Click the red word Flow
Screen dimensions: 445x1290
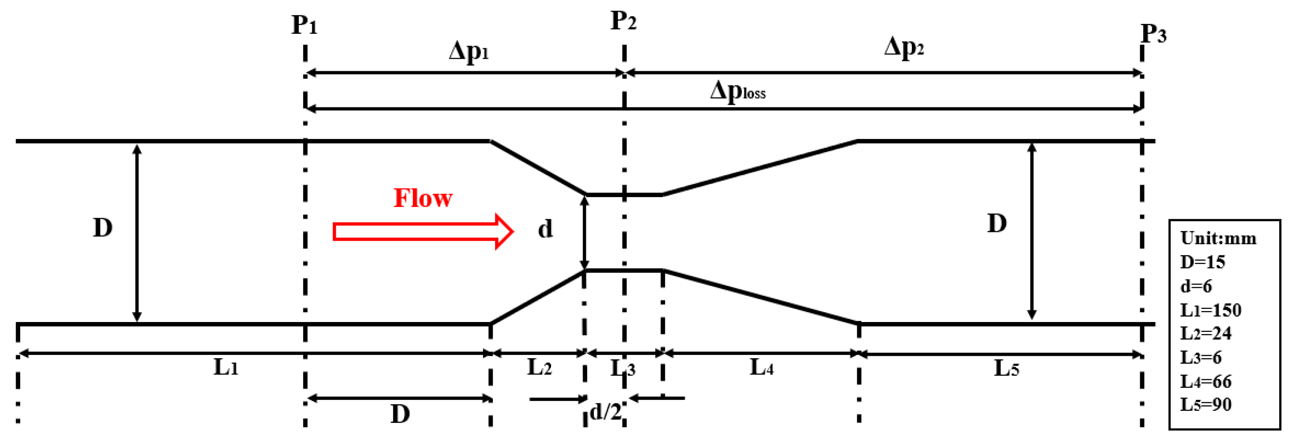coord(423,198)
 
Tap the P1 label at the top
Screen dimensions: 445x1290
coord(304,25)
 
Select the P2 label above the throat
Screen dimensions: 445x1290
coord(623,22)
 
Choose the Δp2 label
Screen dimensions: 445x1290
coord(903,48)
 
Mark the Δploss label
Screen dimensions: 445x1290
coord(737,92)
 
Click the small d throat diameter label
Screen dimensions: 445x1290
coord(545,229)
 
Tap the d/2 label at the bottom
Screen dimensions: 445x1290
coord(606,412)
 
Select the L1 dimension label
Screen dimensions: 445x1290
coord(225,368)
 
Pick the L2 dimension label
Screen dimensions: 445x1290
coord(539,368)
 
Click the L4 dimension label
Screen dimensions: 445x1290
coord(761,368)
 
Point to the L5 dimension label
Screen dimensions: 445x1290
coord(1006,369)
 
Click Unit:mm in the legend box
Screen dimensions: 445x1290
coord(1218,238)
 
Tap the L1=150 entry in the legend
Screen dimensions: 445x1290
coord(1211,310)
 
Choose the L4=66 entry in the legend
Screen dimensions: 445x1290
coord(1205,382)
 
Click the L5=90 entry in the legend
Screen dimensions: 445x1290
coord(1205,405)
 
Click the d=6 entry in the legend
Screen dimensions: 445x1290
coord(1196,286)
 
